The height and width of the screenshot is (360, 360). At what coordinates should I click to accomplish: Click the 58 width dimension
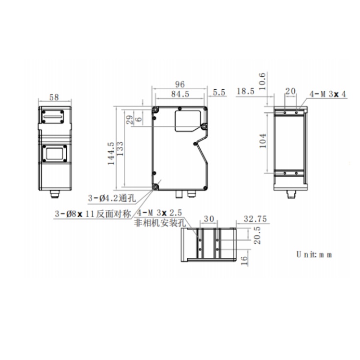54,97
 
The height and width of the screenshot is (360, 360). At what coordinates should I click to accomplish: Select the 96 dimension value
180,84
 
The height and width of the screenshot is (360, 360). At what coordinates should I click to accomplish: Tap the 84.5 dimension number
180,94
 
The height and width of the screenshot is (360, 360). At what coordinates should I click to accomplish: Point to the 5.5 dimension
219,92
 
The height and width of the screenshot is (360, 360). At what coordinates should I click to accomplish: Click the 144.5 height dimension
111,153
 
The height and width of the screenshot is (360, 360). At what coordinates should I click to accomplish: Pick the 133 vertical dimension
120,148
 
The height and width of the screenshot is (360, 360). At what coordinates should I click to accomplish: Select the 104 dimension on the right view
263,141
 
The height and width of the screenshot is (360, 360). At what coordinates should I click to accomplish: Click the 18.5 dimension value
245,91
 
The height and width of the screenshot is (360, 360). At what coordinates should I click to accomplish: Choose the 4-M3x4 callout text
328,94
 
